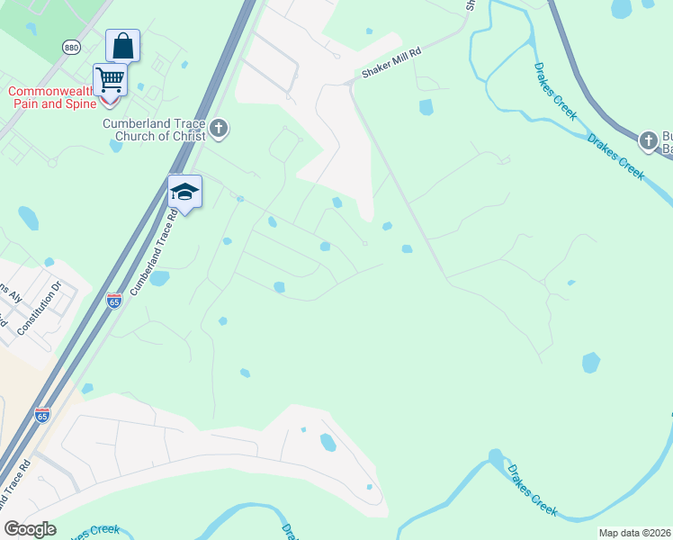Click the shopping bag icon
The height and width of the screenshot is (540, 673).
point(122,45)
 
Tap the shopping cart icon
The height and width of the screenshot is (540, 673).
point(110,78)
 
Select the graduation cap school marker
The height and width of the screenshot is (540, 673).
point(184,192)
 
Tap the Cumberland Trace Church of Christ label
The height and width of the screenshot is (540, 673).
point(155,130)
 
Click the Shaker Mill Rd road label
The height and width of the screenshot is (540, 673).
point(390,61)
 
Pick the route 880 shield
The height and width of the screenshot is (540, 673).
point(71,47)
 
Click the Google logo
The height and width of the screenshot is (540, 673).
point(30,528)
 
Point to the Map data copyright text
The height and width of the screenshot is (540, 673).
point(634,533)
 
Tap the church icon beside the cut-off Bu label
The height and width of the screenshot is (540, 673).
point(648,140)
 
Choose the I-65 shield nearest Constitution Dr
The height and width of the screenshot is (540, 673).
point(113,301)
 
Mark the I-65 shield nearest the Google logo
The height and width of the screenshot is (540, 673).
point(42,414)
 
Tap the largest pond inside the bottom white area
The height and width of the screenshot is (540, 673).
point(328,442)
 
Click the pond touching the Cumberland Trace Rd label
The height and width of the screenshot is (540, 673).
point(159,278)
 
